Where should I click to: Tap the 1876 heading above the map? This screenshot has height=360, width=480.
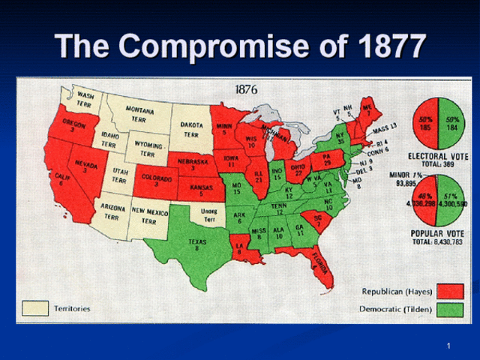pyautogui.click(x=246, y=89)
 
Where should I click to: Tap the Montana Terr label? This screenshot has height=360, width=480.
pyautogui.click(x=139, y=115)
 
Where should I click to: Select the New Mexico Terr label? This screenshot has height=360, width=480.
pyautogui.click(x=149, y=216)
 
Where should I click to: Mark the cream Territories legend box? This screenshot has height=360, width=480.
pyautogui.click(x=35, y=307)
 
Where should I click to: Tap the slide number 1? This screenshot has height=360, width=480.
pyautogui.click(x=447, y=345)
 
